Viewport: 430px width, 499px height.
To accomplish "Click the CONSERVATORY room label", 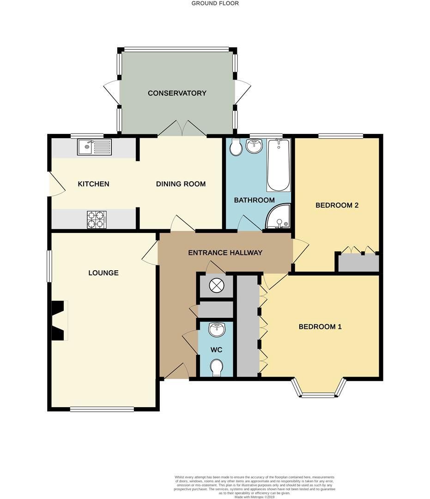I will tap(177, 93).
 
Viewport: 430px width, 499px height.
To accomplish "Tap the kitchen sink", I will tap(94, 147).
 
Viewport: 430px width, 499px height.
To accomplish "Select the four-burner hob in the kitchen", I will tap(97, 219).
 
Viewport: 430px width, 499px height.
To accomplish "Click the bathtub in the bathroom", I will tap(279, 165).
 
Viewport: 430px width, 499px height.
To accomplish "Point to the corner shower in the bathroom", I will tap(279, 217).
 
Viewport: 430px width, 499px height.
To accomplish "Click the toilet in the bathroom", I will tap(236, 147).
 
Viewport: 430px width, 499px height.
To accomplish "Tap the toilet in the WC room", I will tap(216, 368).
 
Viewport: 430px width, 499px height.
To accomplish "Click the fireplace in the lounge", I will tap(58, 321).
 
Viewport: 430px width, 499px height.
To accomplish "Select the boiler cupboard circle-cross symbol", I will tap(216, 286).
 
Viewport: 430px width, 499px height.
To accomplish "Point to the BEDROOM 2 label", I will tap(337, 205).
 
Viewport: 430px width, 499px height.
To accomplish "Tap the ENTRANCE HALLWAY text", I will tap(225, 253).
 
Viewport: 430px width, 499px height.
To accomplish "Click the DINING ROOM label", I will tap(181, 184).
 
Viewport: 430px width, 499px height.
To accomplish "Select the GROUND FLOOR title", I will tap(215, 3).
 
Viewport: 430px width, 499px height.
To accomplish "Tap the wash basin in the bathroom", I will tap(254, 146).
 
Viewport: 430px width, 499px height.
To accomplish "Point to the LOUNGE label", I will tap(103, 273).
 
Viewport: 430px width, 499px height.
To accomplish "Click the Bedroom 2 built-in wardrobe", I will tap(359, 263).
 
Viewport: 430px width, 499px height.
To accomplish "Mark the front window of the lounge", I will tap(102, 408).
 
